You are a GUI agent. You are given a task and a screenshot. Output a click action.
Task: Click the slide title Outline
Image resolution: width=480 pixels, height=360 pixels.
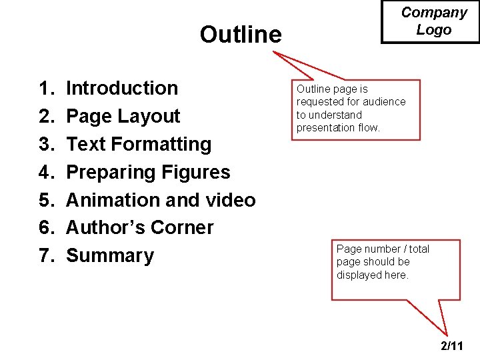pyautogui.click(x=241, y=34)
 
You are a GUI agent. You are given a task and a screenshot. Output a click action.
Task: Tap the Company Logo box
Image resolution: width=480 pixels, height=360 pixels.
pyautogui.click(x=430, y=21)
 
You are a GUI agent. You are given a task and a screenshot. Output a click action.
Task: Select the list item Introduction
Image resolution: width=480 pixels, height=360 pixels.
pyautogui.click(x=122, y=88)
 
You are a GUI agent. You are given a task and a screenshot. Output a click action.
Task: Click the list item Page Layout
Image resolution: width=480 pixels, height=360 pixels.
pyautogui.click(x=123, y=116)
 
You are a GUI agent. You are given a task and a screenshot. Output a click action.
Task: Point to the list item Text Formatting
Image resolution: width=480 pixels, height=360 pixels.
pyautogui.click(x=139, y=144)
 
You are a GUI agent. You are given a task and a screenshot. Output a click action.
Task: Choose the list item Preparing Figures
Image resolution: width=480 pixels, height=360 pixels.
pyautogui.click(x=148, y=172)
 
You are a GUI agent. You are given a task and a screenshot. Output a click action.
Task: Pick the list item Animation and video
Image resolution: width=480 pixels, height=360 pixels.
pyautogui.click(x=161, y=200)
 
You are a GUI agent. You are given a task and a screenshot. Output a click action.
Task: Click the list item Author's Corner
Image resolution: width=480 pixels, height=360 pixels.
pyautogui.click(x=140, y=227)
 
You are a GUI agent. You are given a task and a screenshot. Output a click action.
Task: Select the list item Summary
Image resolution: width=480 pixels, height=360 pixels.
pyautogui.click(x=110, y=255)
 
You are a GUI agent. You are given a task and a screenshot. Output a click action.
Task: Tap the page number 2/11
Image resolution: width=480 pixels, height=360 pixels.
pyautogui.click(x=452, y=346)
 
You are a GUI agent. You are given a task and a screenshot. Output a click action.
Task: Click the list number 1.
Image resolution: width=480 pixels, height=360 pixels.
pyautogui.click(x=46, y=88)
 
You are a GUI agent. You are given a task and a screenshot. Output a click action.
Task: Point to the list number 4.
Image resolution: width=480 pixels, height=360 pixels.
pyautogui.click(x=46, y=172)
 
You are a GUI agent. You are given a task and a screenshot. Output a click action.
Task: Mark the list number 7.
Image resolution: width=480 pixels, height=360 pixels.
pyautogui.click(x=46, y=255)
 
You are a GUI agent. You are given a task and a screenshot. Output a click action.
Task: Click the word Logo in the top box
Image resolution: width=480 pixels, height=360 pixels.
pyautogui.click(x=434, y=30)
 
